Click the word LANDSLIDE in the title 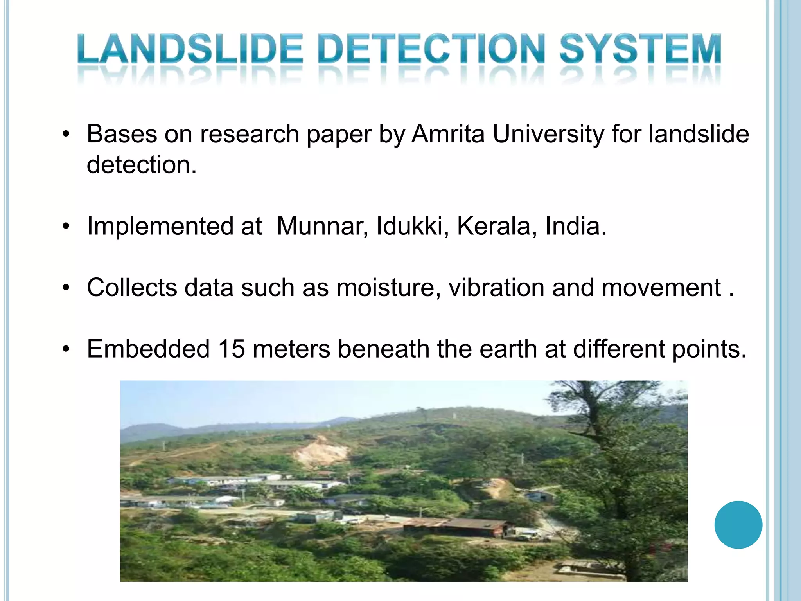[x=190, y=49]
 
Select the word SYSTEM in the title [x=640, y=49]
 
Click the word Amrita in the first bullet [x=448, y=134]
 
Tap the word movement [x=661, y=288]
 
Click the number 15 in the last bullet [x=232, y=349]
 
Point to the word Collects [x=132, y=288]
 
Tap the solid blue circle [x=738, y=525]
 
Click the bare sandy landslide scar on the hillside [x=321, y=453]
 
